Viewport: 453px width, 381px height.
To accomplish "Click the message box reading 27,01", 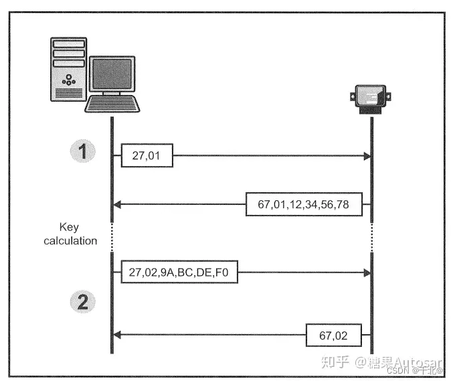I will [147, 156].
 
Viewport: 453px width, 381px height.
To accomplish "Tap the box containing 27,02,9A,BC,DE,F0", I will [179, 273].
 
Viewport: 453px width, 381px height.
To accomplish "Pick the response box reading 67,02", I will [334, 333].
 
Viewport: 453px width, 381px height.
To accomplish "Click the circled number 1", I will [83, 152].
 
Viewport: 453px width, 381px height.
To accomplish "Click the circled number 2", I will [83, 302].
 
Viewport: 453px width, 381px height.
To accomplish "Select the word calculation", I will [70, 240].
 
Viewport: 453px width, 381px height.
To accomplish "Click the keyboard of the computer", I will [112, 105].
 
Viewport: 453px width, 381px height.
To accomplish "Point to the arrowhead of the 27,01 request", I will [367, 156].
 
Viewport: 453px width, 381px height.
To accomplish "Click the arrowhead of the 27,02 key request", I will [367, 273].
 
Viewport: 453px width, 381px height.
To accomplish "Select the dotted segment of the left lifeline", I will [112, 236].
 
